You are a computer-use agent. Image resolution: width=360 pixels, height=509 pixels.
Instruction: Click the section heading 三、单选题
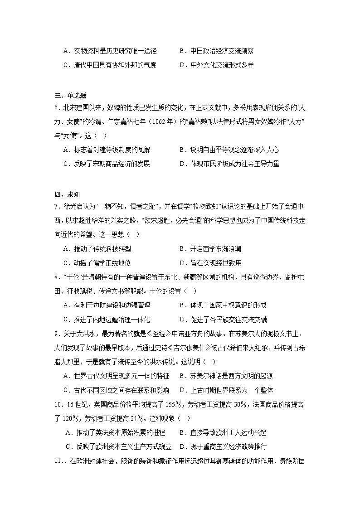coord(70,95)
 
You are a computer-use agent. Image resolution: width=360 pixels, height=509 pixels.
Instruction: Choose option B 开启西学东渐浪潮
coord(210,249)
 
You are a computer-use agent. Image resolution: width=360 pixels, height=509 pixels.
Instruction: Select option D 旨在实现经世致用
coord(210,263)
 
